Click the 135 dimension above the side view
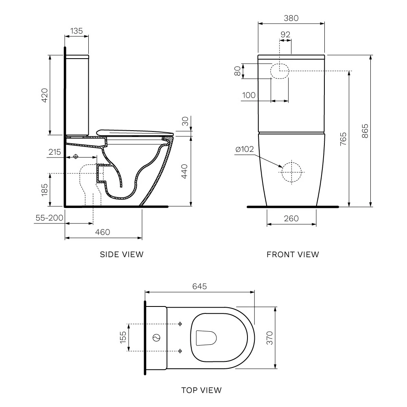[x=77, y=31]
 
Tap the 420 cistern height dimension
[x=45, y=95]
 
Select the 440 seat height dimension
[x=184, y=171]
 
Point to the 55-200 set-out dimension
[x=49, y=218]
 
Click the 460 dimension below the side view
[x=103, y=232]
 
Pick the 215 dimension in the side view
[x=55, y=152]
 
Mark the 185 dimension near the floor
[x=45, y=190]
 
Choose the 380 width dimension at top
[x=291, y=18]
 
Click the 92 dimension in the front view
[x=286, y=35]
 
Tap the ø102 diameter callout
[x=245, y=149]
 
